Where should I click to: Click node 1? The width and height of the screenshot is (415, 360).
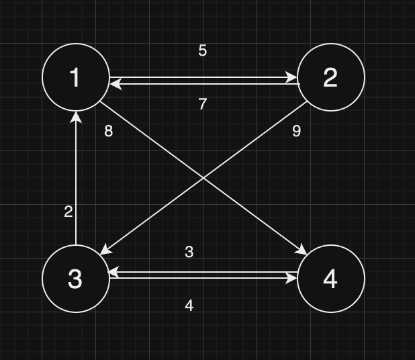coord(76,77)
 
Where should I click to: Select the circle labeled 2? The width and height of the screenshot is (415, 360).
coord(330,77)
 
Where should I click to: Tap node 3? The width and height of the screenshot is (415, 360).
coord(76,279)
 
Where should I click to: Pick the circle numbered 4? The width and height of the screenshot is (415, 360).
coord(330,279)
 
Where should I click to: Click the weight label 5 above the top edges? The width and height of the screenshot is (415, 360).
coord(203,50)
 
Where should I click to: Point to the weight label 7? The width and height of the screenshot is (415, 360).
coord(203,104)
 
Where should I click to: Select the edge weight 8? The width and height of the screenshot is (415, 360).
coord(109,131)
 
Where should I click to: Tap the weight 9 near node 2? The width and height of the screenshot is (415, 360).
coord(296,131)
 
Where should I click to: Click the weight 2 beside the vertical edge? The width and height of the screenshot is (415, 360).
coord(68,212)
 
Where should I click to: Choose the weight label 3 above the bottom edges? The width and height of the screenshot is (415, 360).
coord(189,252)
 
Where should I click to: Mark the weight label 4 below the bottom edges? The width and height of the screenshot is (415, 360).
coord(189,306)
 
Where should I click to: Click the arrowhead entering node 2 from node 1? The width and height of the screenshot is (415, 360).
coord(292,78)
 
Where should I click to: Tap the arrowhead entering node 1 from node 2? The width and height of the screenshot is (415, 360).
coord(115,83)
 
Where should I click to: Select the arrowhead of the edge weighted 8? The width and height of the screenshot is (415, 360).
coord(303,251)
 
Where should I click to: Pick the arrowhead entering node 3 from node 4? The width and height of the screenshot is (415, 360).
coord(114,273)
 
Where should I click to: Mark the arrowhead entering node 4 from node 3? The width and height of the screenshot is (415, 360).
coord(292,278)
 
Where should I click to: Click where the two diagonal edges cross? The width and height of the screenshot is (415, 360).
coord(203,178)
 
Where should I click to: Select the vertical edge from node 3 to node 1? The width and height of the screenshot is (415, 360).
coord(76,181)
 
